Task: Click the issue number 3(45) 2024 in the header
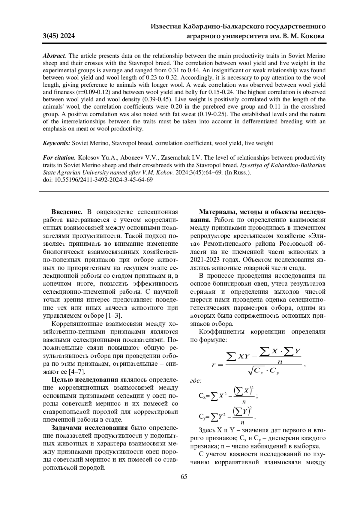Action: click(59, 36)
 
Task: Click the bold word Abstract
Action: click(55, 56)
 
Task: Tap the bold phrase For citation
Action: click(59, 158)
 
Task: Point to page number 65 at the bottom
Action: click(184, 477)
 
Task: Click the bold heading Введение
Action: click(67, 212)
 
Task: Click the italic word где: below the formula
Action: click(196, 381)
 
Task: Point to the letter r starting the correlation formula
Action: click(214, 365)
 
